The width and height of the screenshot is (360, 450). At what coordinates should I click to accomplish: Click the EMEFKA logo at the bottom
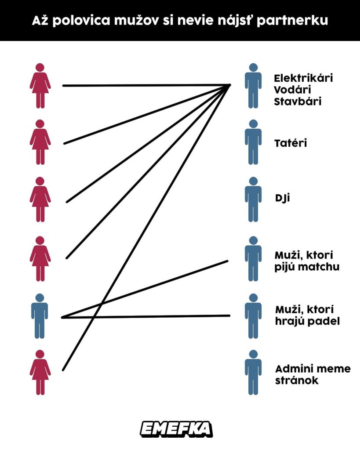point(176,428)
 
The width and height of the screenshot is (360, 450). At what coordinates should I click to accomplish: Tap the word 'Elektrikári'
point(303,78)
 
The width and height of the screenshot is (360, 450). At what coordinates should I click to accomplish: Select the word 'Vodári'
point(291,90)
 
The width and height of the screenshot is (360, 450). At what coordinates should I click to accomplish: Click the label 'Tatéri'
point(290,143)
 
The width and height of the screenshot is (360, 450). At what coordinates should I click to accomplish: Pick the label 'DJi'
point(282,198)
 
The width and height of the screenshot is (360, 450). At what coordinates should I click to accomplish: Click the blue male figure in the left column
point(40,316)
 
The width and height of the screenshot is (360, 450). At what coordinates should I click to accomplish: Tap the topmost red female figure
point(40,86)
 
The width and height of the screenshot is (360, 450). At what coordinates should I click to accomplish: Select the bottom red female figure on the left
point(40,372)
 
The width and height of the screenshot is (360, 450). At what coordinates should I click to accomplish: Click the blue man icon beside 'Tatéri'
point(253,142)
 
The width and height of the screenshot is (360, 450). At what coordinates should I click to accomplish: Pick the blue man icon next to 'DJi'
point(253,199)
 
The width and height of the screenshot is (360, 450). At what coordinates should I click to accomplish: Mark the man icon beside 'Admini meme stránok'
point(253,372)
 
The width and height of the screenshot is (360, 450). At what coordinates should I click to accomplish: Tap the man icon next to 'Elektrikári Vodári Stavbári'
point(253,86)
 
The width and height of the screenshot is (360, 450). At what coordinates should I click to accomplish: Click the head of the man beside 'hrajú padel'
point(253,298)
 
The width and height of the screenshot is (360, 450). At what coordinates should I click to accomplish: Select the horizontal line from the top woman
point(145,85)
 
